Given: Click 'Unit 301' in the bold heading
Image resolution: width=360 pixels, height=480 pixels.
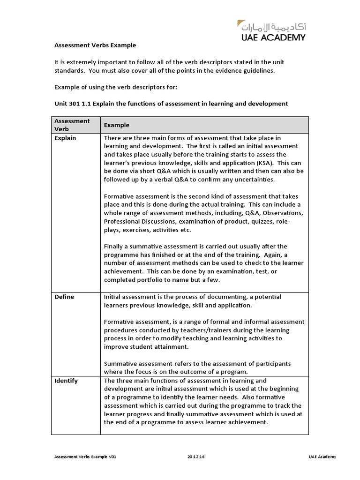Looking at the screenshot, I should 65,103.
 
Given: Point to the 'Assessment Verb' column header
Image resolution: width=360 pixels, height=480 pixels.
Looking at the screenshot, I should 72,125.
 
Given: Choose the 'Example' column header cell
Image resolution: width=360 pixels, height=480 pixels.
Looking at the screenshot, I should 116,125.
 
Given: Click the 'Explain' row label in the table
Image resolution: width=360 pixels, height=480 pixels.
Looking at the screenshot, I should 65,138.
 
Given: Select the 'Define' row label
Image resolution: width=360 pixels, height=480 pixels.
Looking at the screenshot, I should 64,297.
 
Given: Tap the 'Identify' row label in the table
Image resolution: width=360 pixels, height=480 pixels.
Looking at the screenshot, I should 66,381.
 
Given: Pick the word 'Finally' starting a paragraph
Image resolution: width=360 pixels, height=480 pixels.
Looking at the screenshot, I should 115,246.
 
